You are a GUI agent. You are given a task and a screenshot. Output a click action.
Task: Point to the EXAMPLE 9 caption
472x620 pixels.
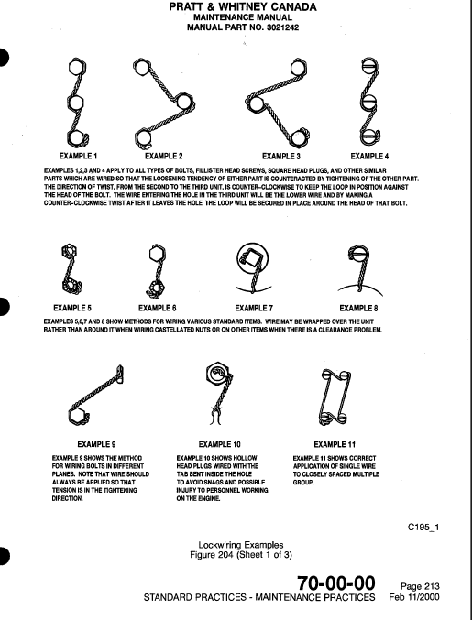tap(93, 443)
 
